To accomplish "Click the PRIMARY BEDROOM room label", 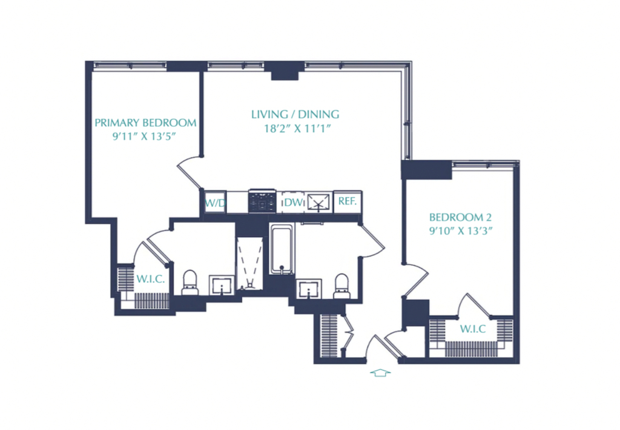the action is pyautogui.click(x=145, y=123).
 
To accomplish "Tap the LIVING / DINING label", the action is pyautogui.click(x=295, y=115).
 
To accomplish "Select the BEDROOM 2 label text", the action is pyautogui.click(x=460, y=217).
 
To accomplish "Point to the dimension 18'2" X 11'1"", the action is pyautogui.click(x=297, y=129).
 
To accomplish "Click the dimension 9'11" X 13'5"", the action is pyautogui.click(x=144, y=136).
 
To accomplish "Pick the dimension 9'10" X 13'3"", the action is pyautogui.click(x=461, y=230).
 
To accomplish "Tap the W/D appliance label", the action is pyautogui.click(x=216, y=204).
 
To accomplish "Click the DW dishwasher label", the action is pyautogui.click(x=293, y=203).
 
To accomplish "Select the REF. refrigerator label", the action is pyautogui.click(x=348, y=201).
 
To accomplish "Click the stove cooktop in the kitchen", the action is pyautogui.click(x=262, y=201).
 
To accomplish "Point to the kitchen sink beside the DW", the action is pyautogui.click(x=318, y=203).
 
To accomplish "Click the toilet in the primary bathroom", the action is pyautogui.click(x=190, y=282).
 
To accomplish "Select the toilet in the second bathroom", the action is pyautogui.click(x=342, y=286).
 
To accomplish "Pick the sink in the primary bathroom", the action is pyautogui.click(x=222, y=285).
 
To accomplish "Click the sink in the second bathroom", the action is pyautogui.click(x=309, y=289).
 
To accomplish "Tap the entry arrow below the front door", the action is pyautogui.click(x=380, y=372).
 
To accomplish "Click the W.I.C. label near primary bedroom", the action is pyautogui.click(x=151, y=279).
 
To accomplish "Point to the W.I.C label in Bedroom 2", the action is pyautogui.click(x=473, y=329).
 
